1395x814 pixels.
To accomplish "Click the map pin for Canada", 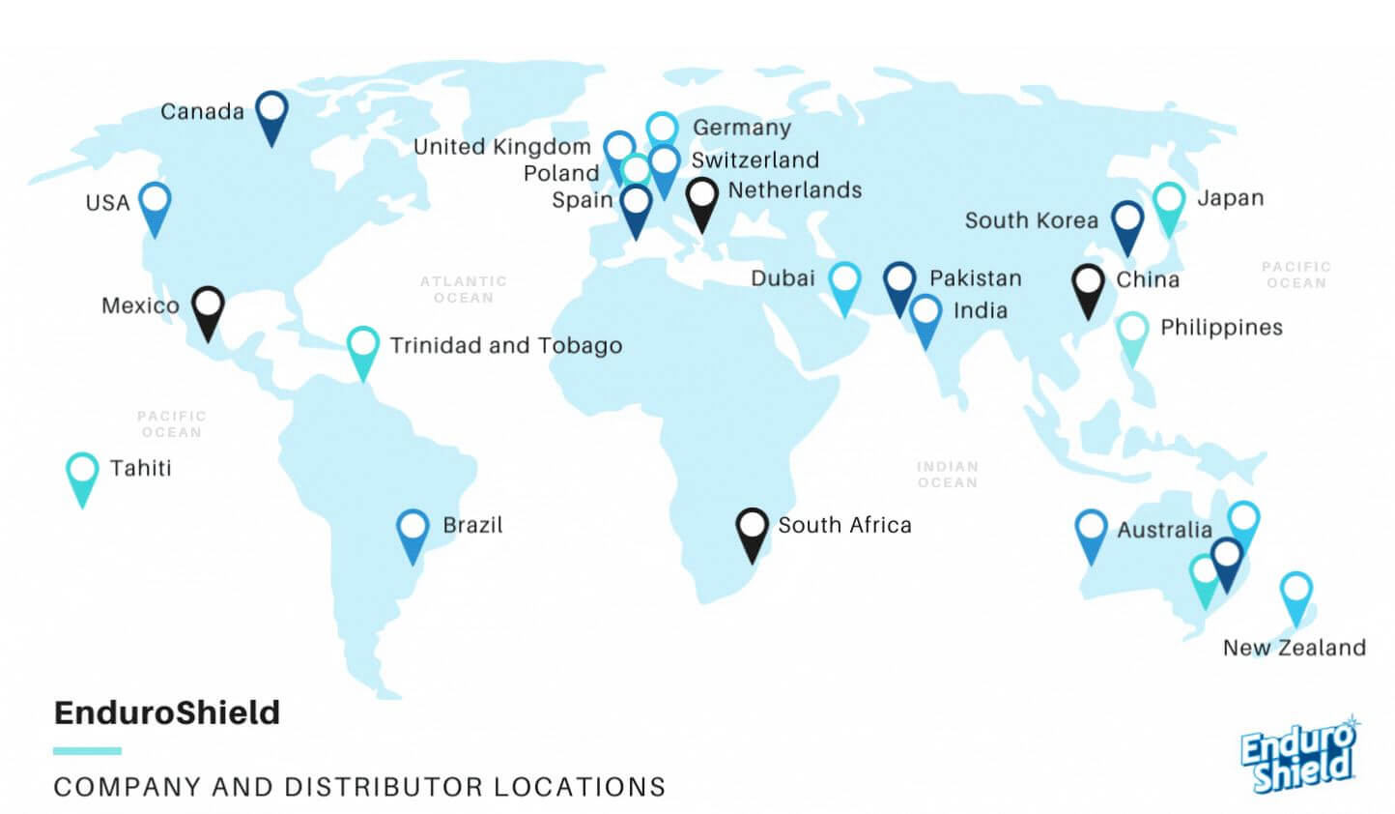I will click(x=271, y=113).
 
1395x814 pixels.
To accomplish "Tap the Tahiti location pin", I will click(x=82, y=474).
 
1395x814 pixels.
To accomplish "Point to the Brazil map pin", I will click(x=413, y=531).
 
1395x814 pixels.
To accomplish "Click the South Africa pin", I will click(x=752, y=530).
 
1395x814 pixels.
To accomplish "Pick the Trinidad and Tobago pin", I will click(x=363, y=348).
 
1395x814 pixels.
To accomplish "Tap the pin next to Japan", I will click(x=1169, y=204).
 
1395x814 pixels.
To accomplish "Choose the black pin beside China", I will click(x=1089, y=286).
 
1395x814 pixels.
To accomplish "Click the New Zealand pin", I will click(x=1295, y=594).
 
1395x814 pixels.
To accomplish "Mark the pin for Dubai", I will click(x=844, y=283).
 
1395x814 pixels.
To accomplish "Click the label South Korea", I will click(x=1031, y=220).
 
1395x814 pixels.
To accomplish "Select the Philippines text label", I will click(x=1221, y=328).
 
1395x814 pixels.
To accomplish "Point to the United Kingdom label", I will click(x=501, y=147).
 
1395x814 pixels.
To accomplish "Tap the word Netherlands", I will click(x=794, y=190).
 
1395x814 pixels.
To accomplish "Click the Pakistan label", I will click(x=975, y=278).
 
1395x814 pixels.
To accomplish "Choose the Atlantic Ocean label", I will click(x=464, y=289).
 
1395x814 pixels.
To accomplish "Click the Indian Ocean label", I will click(x=948, y=474).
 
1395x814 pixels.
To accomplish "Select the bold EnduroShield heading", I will click(x=167, y=712).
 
